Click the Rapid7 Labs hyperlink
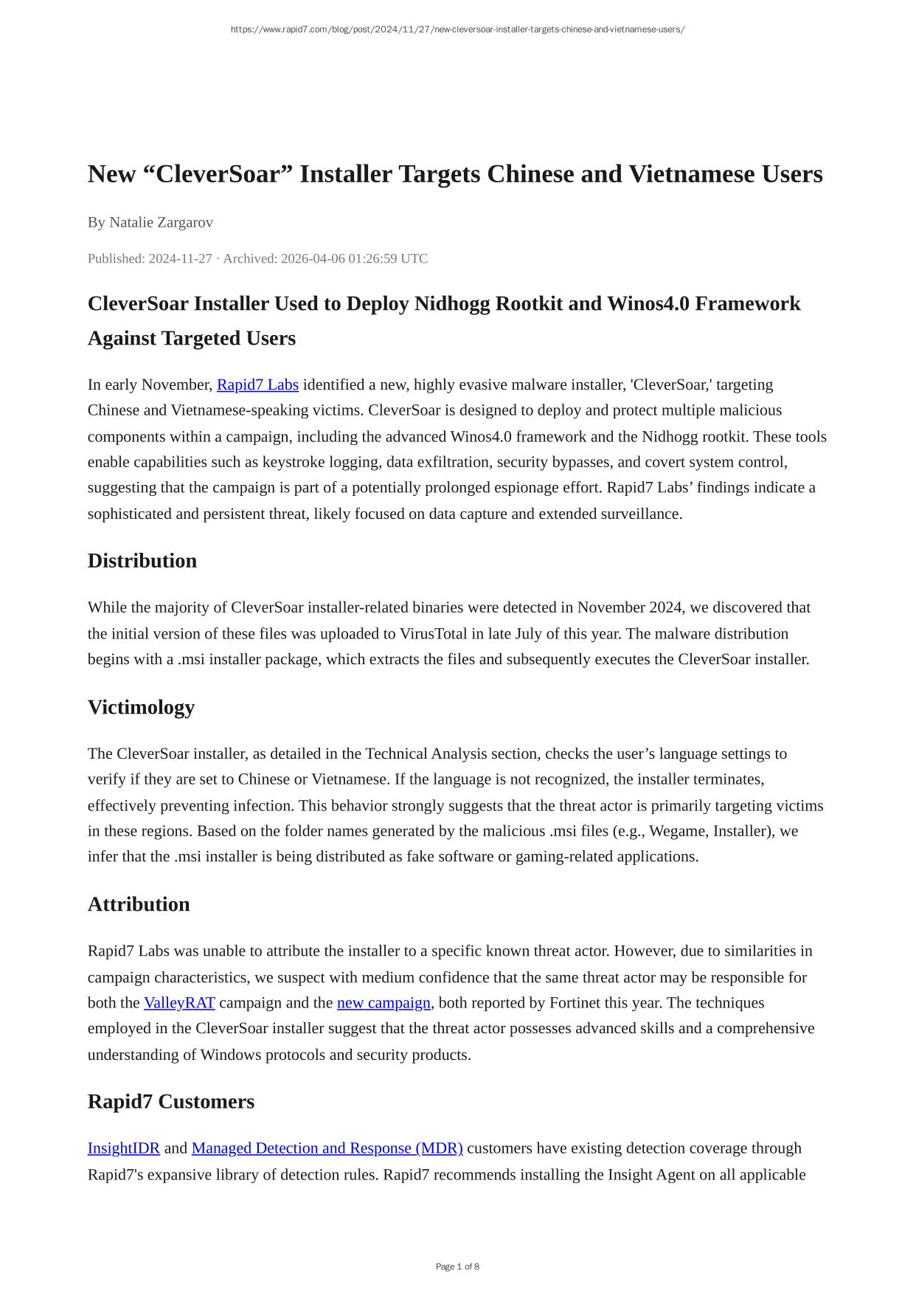click(x=257, y=385)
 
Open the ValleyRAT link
click(x=179, y=1002)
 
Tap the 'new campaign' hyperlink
click(x=384, y=1002)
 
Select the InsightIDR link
click(x=124, y=1148)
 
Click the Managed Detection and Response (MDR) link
click(x=327, y=1148)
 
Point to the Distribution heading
click(x=142, y=561)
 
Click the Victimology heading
click(x=141, y=707)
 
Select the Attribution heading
click(x=139, y=904)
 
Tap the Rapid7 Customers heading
click(x=171, y=1101)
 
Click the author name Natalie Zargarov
click(x=161, y=222)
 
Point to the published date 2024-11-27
click(x=180, y=258)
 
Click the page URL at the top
click(x=457, y=30)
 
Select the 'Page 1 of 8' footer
click(x=457, y=1266)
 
